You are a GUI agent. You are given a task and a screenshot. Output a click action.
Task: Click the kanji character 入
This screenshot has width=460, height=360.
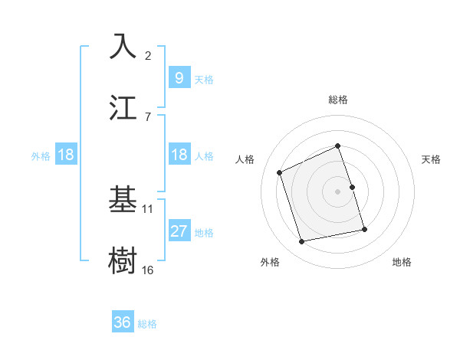(x=123, y=47)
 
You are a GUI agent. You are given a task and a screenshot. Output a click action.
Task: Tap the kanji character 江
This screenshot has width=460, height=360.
(x=123, y=108)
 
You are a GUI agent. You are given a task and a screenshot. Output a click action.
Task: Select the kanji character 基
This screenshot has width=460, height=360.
(x=123, y=200)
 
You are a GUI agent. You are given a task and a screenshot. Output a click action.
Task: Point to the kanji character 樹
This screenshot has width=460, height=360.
(x=123, y=260)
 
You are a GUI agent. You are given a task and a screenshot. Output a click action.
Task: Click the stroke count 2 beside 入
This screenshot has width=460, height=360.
(x=148, y=55)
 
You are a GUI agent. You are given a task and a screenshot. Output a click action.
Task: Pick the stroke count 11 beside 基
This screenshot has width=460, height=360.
(x=148, y=208)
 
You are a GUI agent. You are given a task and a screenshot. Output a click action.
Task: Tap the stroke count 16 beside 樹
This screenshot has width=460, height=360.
(x=148, y=270)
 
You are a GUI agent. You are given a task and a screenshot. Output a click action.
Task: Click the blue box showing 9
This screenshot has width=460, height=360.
(x=179, y=77)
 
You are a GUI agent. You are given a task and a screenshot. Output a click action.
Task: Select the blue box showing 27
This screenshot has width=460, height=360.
(x=179, y=231)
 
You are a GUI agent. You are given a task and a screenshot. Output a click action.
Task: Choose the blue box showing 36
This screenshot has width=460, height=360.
(x=123, y=322)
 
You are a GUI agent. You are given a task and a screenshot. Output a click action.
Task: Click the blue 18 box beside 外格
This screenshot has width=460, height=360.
(x=66, y=155)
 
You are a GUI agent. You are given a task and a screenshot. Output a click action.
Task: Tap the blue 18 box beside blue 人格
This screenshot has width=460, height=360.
(x=179, y=155)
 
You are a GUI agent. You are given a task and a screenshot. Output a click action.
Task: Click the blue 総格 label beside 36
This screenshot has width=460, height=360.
(x=147, y=324)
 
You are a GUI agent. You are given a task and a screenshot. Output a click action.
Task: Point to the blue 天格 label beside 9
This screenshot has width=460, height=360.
(x=204, y=79)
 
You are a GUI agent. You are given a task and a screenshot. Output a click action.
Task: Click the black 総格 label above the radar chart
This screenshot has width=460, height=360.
(x=337, y=100)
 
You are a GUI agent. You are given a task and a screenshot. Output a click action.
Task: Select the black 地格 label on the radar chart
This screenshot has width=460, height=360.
(x=402, y=262)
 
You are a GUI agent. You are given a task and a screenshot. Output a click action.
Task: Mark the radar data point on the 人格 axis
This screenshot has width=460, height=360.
(x=280, y=172)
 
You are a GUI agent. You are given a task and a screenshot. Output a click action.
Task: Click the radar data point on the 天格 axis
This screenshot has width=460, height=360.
(x=352, y=187)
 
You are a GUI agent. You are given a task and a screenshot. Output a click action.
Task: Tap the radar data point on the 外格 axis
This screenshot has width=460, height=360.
(x=302, y=242)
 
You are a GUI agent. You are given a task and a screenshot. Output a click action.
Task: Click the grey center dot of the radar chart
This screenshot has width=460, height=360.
(x=337, y=191)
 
